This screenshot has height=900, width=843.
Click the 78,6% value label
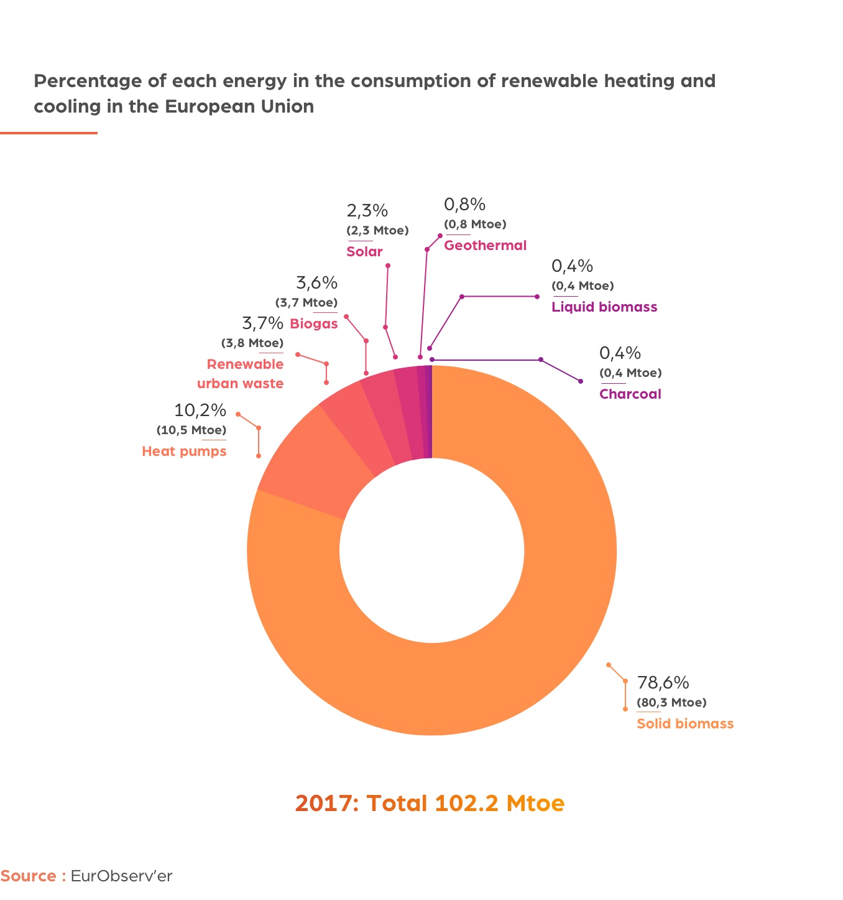[663, 682]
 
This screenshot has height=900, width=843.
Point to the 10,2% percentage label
[200, 410]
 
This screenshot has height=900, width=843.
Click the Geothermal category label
[485, 245]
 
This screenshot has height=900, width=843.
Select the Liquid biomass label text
[604, 307]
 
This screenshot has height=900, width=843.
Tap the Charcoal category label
[630, 394]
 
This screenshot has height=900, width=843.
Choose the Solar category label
[364, 251]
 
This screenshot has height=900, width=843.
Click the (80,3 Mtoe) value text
[671, 703]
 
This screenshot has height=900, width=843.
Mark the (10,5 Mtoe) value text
[191, 430]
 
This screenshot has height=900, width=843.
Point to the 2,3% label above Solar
[367, 210]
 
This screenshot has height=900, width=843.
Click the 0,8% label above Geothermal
[464, 204]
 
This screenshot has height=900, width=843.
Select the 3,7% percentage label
[262, 323]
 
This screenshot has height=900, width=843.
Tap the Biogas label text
[313, 323]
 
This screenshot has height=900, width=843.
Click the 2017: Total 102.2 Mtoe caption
[430, 803]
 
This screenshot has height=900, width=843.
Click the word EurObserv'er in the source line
[121, 876]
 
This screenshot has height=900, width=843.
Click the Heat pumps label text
[184, 451]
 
